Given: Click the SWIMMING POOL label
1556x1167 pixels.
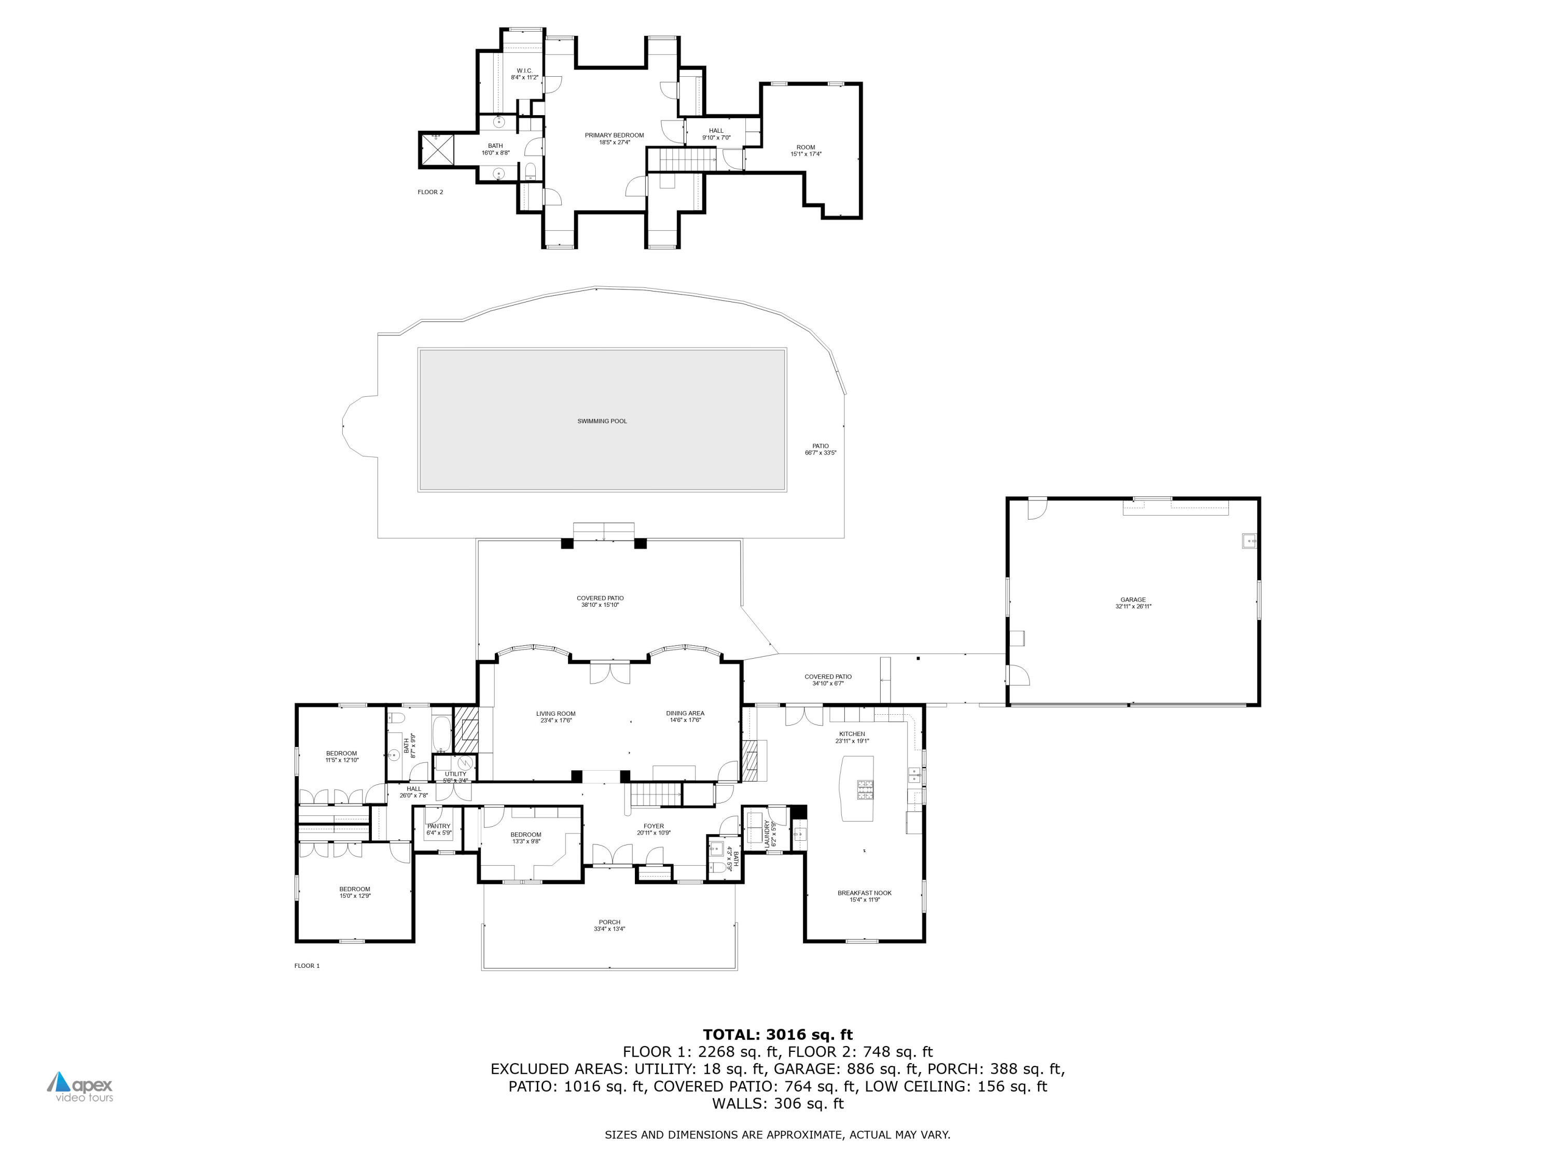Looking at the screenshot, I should pyautogui.click(x=602, y=421).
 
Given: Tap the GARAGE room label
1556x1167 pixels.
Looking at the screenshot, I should pyautogui.click(x=1133, y=600).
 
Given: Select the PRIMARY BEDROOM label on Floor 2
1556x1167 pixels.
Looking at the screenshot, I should pyautogui.click(x=614, y=135).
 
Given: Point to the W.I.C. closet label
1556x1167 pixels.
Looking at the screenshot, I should pyautogui.click(x=524, y=71).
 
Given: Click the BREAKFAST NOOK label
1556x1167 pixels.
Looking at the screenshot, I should pyautogui.click(x=864, y=893).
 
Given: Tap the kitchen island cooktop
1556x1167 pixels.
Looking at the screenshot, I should pyautogui.click(x=865, y=790).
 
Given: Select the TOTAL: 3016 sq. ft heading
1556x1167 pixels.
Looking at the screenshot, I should pyautogui.click(x=777, y=1035).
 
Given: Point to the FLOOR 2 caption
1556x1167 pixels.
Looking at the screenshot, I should pyautogui.click(x=430, y=192).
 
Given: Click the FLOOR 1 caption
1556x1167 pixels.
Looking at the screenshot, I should pyautogui.click(x=307, y=966).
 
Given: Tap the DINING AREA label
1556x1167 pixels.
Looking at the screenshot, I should pyautogui.click(x=685, y=713).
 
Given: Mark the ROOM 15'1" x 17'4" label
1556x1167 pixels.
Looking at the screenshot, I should pyautogui.click(x=805, y=150).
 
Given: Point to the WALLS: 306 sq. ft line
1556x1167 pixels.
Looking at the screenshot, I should pyautogui.click(x=777, y=1104).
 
